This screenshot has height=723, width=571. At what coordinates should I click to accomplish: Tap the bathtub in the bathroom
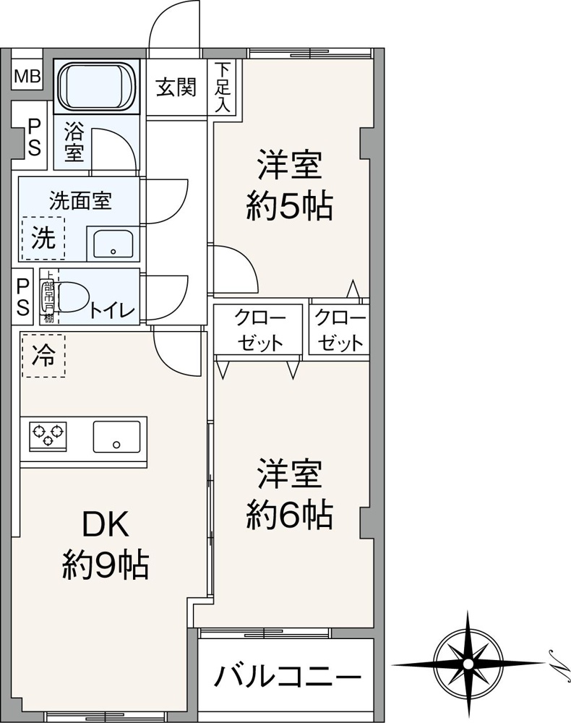click(98, 85)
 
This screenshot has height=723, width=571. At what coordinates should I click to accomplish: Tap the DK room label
click(106, 526)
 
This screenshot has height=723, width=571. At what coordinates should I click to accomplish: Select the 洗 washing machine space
click(43, 239)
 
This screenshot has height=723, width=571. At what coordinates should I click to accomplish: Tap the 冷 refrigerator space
click(43, 356)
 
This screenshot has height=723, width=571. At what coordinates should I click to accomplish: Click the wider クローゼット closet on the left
click(258, 330)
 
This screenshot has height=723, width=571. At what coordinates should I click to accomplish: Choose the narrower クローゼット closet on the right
click(339, 330)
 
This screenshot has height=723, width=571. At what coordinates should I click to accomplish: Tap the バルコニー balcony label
click(287, 678)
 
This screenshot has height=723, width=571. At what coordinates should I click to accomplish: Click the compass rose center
click(468, 663)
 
